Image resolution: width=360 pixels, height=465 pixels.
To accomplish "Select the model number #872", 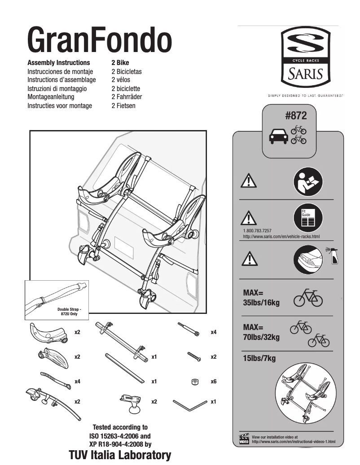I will coord(296,116).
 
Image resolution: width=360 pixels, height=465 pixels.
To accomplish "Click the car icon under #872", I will coord(278,136).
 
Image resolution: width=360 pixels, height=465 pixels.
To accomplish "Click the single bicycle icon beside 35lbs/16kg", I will coord(308,298).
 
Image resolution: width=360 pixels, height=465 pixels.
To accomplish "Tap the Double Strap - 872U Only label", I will coord(70,312).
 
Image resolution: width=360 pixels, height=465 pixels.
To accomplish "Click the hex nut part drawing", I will coord(194,382).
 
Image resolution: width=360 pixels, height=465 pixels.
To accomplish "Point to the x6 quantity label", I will coord(214,382).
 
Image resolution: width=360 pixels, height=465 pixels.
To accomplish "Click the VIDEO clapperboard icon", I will coord(244,439).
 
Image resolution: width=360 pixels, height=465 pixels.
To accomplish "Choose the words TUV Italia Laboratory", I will coord(120,456).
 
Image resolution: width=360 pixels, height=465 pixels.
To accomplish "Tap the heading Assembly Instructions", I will coord(59,63).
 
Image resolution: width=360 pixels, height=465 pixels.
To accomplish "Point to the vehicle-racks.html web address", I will coord(281,236).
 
